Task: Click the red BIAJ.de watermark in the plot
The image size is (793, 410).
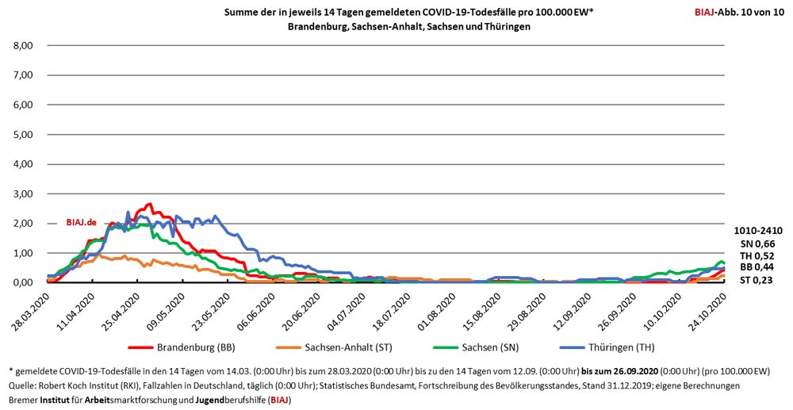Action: click(81, 223)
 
